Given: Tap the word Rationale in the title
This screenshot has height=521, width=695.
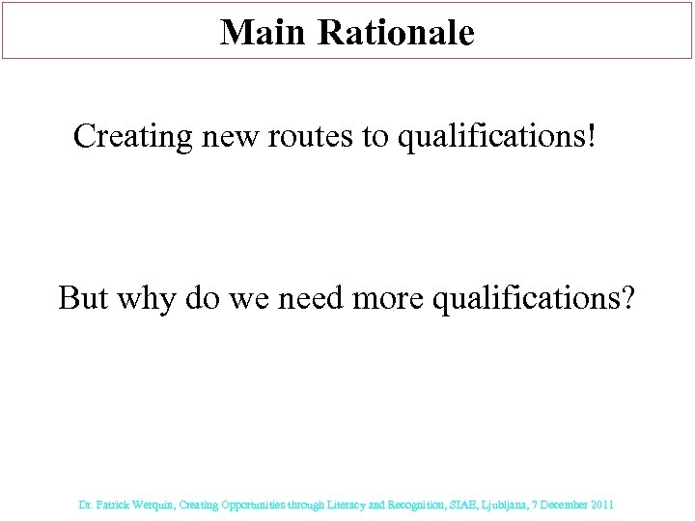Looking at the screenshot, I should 395,33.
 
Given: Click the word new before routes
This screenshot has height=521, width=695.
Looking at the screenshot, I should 227,137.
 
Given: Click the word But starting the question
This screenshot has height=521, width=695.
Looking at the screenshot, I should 84,297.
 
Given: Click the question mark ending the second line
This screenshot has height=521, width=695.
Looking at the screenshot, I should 627,297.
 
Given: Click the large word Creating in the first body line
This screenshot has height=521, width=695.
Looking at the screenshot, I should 133,137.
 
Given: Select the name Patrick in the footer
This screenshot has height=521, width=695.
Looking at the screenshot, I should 111,505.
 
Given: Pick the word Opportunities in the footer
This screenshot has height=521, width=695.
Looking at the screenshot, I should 251,505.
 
